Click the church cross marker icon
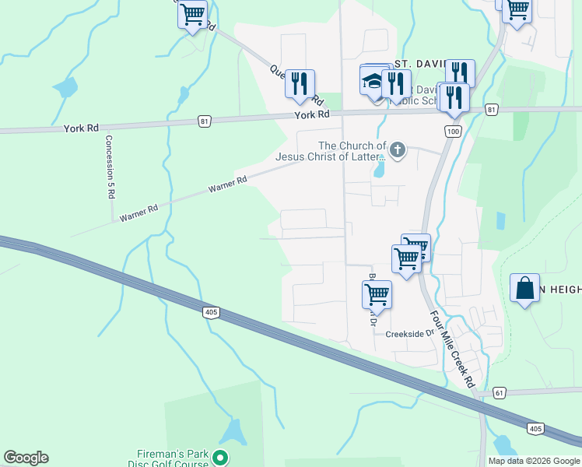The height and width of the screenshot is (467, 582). (x=398, y=149)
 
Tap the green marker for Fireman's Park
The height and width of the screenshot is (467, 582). (x=220, y=458)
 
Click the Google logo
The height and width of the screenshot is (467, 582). (x=26, y=458)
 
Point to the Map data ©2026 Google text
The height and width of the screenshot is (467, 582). (x=534, y=461)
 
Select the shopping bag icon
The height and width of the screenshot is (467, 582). (x=525, y=288)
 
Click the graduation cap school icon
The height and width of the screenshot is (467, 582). (x=373, y=81)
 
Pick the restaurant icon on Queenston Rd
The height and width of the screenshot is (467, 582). (x=300, y=82)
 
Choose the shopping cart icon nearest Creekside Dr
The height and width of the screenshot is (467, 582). (x=377, y=293)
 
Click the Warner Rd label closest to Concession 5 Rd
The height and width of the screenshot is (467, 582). (x=138, y=213)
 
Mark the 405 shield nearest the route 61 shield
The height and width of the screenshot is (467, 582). (x=535, y=429)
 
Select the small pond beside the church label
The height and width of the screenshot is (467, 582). (x=379, y=168)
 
